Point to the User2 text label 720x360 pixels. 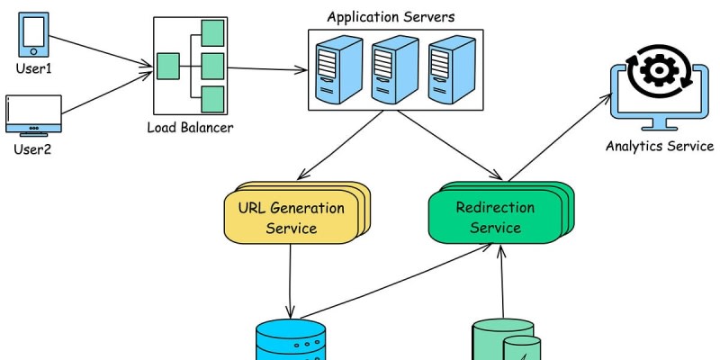pyautogui.click(x=32, y=148)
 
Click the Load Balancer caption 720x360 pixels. pyautogui.click(x=190, y=127)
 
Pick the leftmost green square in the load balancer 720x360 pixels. pyautogui.click(x=168, y=66)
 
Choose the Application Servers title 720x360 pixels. pyautogui.click(x=391, y=17)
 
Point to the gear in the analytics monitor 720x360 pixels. pyautogui.click(x=660, y=70)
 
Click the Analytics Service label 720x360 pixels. pyautogui.click(x=660, y=147)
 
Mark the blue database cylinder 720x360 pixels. pyautogui.click(x=291, y=342)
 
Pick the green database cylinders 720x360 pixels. pyautogui.click(x=506, y=342)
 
